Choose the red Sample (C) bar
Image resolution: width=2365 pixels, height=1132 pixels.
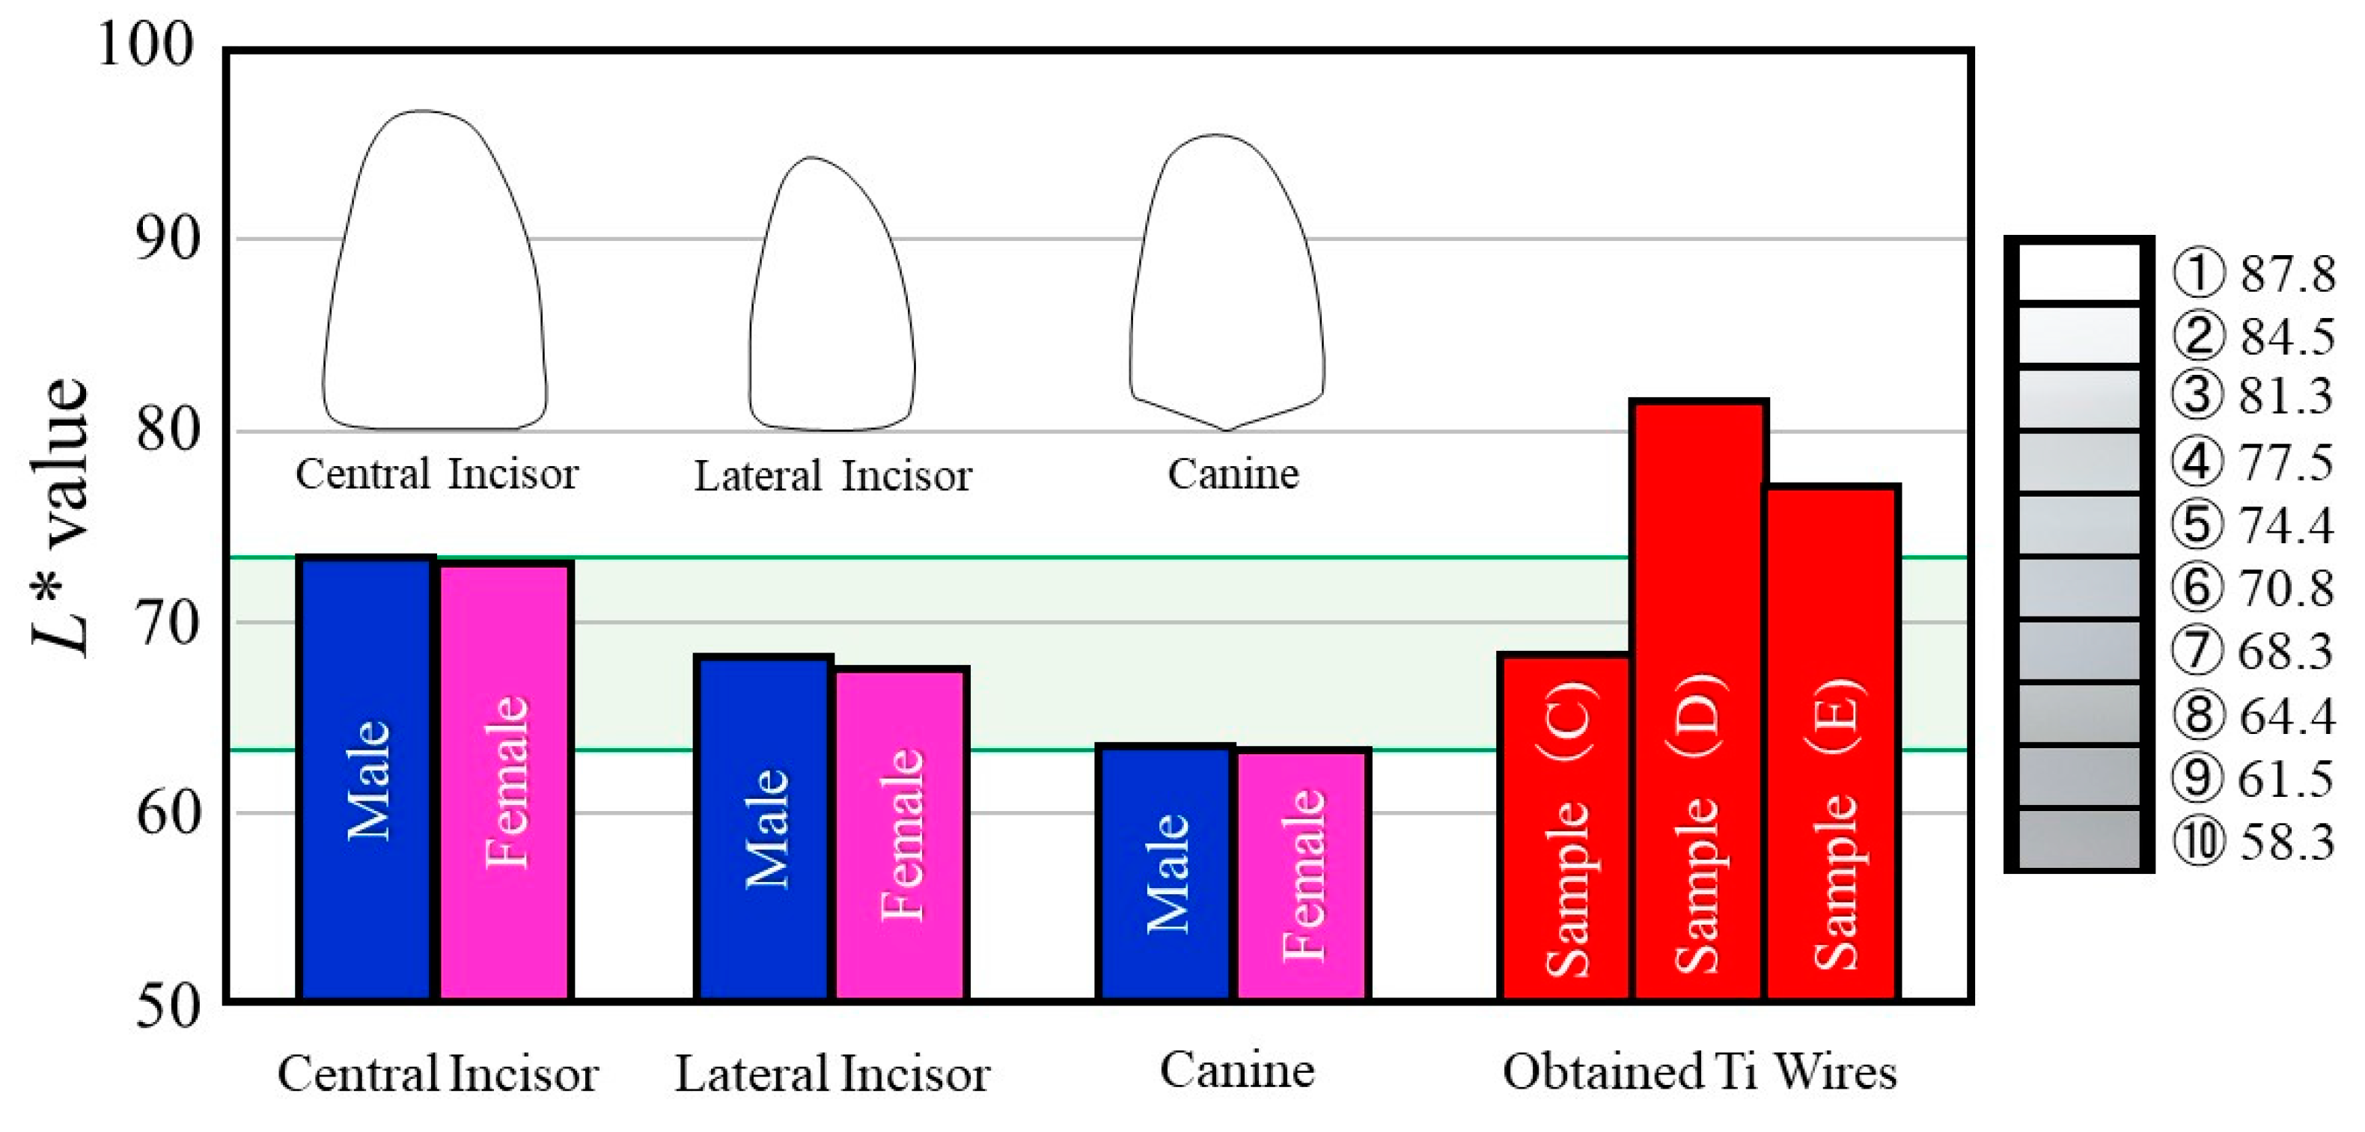pyautogui.click(x=1564, y=826)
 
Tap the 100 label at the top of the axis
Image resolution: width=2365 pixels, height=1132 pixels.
pyautogui.click(x=145, y=44)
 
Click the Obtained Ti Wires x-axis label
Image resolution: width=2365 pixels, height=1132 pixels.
pyautogui.click(x=1698, y=1071)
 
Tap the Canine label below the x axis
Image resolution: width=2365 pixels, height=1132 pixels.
pyautogui.click(x=1236, y=1070)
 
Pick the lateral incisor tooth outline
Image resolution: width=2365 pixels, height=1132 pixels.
pyautogui.click(x=831, y=294)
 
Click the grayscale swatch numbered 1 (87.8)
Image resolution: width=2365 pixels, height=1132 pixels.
pyautogui.click(x=2078, y=272)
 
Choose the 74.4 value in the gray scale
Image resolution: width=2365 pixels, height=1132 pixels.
pyautogui.click(x=2286, y=526)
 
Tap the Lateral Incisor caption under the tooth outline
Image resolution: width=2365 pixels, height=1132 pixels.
pyautogui.click(x=831, y=477)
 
